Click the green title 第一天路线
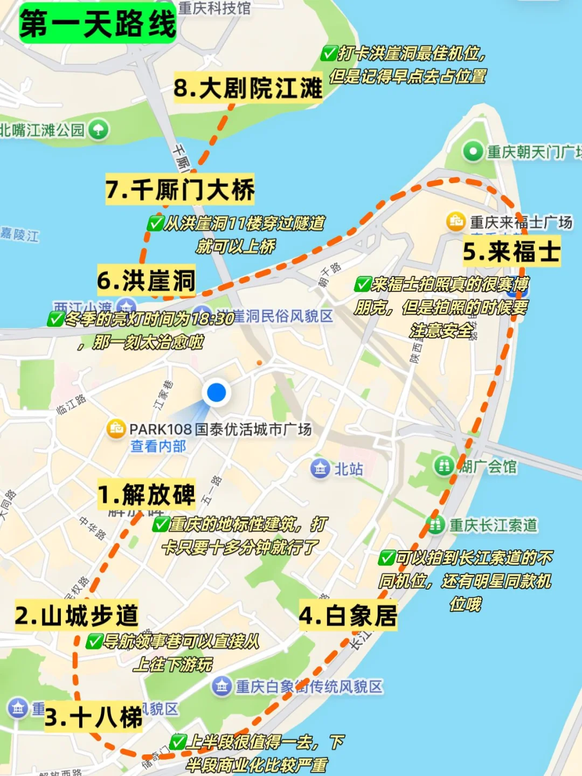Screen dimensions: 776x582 98,24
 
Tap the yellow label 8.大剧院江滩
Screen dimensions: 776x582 248,88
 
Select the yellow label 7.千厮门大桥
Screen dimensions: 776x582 180,190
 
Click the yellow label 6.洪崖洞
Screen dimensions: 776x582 146,280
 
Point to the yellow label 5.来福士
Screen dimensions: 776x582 511,252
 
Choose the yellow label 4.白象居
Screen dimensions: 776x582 348,615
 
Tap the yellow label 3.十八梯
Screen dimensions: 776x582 94,717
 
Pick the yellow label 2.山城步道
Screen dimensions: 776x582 77,615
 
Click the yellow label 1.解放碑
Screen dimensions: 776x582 147,494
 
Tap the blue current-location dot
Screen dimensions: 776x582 217,392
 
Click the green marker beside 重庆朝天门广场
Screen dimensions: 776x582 473,151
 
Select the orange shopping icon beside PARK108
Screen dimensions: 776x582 116,429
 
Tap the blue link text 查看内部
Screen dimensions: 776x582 158,446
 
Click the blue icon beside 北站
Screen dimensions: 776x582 320,468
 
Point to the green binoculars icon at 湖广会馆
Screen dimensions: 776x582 445,466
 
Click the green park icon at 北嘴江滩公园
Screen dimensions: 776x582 99,130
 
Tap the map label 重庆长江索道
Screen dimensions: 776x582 493,525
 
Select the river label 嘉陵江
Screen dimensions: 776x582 19,235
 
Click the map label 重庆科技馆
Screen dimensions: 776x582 214,8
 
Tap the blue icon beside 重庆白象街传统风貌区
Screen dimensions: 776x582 221,686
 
